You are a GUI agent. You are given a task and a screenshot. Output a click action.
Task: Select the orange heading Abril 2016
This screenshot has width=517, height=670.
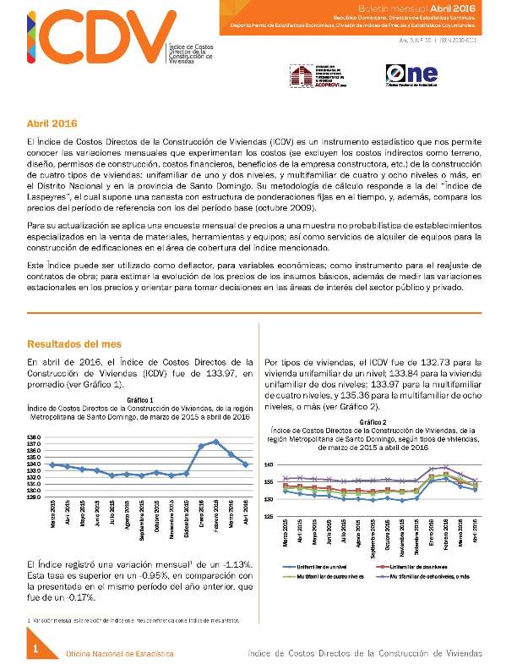[x=52, y=124]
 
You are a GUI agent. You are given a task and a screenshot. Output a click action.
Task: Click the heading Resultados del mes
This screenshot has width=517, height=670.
[x=73, y=344]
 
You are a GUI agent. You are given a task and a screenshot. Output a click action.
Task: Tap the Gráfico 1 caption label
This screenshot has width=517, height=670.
[x=139, y=398]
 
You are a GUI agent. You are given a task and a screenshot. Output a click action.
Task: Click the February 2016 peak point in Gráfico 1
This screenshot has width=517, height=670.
[x=216, y=442]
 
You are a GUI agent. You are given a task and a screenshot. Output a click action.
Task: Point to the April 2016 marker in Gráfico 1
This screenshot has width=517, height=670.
[x=245, y=464]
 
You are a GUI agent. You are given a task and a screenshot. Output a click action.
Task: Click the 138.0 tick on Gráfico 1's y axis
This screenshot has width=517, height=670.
[x=35, y=437]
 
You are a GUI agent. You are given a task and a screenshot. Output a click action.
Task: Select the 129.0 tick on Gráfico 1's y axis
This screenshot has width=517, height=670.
[x=35, y=497]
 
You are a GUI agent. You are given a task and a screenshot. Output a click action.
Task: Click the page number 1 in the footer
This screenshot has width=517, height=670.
[x=36, y=648]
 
